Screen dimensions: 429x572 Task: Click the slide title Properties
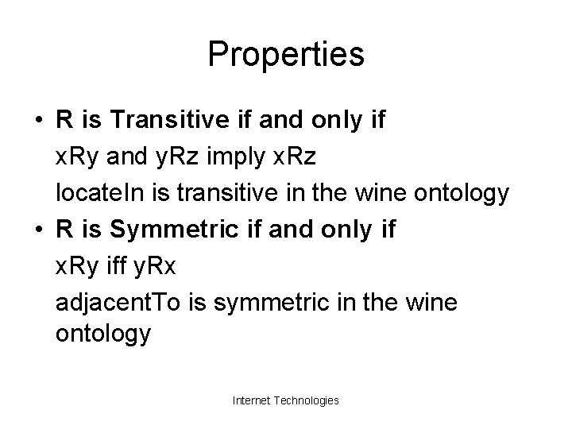point(286,55)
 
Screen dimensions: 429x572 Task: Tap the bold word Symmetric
point(165,230)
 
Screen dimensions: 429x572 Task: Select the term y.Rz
point(181,157)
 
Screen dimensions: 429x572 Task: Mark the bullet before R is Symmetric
point(39,231)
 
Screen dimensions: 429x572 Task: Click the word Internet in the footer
point(253,400)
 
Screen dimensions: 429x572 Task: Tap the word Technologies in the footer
point(307,400)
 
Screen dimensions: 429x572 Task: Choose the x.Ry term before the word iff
point(77,266)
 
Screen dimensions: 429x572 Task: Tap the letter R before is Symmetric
point(65,230)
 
